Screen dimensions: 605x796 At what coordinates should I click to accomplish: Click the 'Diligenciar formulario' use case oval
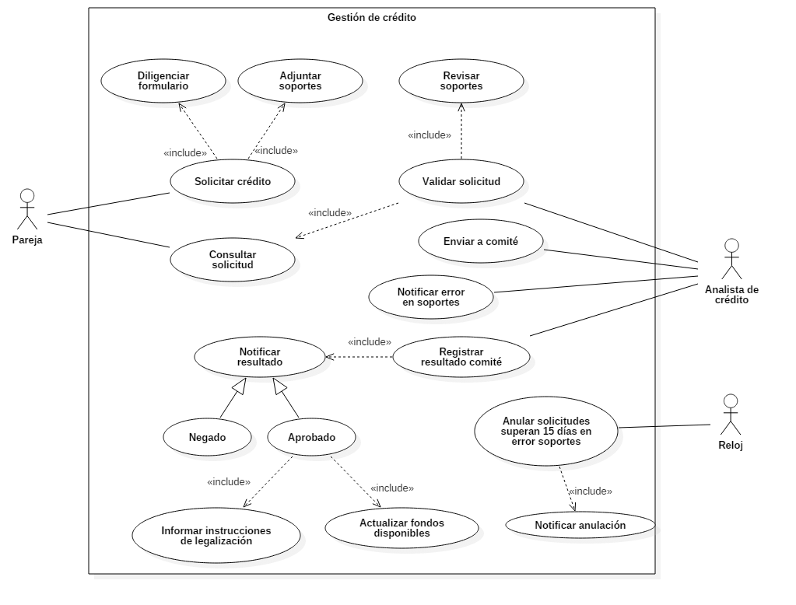pos(163,81)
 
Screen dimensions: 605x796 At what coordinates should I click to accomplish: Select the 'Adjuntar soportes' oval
pos(300,81)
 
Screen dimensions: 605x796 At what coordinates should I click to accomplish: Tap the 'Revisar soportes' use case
pos(461,81)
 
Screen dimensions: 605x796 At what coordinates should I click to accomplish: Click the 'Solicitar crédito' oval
pos(233,181)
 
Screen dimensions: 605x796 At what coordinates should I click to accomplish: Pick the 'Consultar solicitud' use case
pos(233,260)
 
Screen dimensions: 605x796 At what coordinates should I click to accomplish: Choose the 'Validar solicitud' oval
pos(461,181)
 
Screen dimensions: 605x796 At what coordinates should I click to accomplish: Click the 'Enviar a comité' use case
pos(481,241)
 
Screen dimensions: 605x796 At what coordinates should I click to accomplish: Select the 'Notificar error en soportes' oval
pos(431,297)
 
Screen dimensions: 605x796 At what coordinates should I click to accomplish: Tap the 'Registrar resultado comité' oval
pos(461,356)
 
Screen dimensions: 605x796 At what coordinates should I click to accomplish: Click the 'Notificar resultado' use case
pos(260,357)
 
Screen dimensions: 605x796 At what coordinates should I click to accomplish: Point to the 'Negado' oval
pos(208,437)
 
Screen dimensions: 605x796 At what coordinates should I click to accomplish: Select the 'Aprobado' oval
pos(312,437)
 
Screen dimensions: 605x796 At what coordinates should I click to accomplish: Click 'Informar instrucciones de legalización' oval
pos(216,535)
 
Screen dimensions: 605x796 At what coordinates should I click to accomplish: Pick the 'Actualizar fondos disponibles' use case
pos(402,528)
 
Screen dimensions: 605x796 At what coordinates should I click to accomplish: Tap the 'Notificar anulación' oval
pos(580,525)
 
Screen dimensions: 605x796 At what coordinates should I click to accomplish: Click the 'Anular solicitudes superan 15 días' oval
pos(546,430)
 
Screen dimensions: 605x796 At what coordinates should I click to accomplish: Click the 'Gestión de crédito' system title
pos(372,17)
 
